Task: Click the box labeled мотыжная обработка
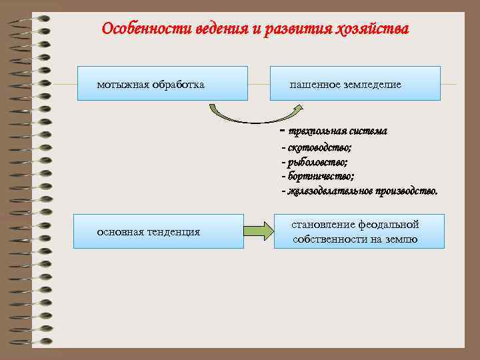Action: (162, 83)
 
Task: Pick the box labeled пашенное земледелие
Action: (355, 83)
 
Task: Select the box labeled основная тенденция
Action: (158, 231)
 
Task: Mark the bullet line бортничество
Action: (318, 176)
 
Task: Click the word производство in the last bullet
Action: (407, 191)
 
